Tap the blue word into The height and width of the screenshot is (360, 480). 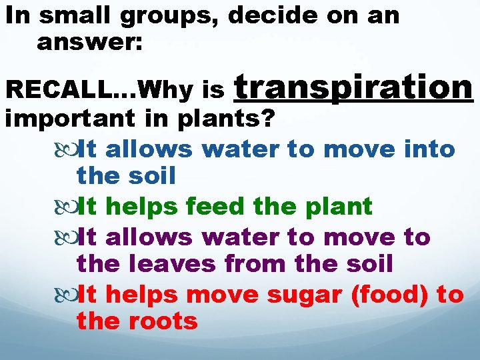[x=429, y=149]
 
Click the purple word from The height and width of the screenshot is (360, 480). [x=255, y=264]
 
